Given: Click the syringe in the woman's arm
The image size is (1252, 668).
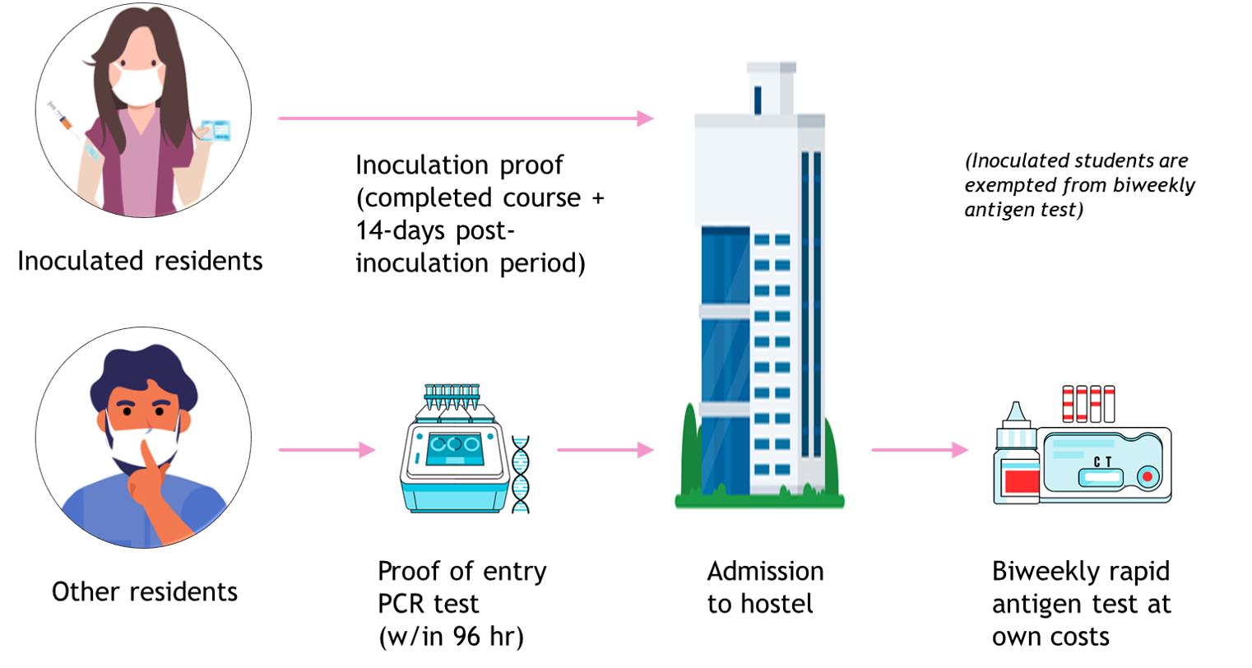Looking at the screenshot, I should [65, 119].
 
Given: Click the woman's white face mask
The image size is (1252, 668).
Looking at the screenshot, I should [135, 86].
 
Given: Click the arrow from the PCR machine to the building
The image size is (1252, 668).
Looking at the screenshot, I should [605, 450].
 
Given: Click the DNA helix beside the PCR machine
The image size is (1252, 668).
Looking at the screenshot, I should [521, 475].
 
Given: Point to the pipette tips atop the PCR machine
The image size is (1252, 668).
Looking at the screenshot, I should [452, 395].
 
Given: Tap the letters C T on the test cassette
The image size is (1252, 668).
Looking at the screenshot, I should [1102, 462].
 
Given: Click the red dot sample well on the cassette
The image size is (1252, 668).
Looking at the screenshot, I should [1147, 476].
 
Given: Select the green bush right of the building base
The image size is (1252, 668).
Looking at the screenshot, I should [832, 465].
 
